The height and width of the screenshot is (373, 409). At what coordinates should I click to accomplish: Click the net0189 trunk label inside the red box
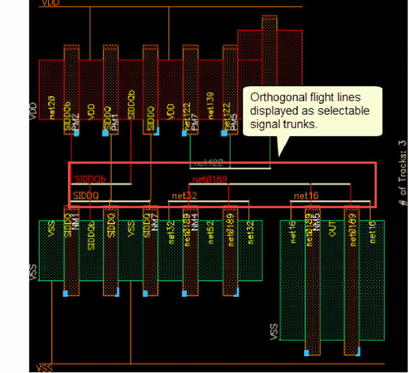(x=210, y=179)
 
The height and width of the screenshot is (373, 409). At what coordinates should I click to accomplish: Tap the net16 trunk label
(x=306, y=196)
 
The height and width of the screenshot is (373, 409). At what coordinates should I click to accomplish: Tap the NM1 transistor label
(x=76, y=221)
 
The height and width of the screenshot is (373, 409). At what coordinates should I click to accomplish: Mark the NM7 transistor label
(x=155, y=221)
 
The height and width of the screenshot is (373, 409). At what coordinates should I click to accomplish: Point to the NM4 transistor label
(x=195, y=221)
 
